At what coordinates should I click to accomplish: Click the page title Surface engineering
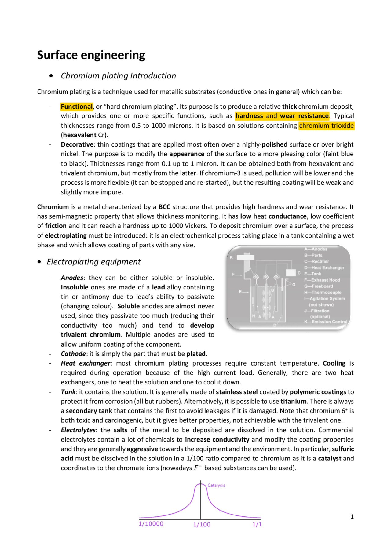(91, 55)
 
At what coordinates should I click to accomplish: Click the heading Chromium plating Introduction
(118, 76)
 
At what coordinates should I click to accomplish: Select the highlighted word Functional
(76, 107)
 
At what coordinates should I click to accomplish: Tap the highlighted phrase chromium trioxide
(326, 126)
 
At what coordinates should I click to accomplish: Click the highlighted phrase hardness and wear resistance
(282, 116)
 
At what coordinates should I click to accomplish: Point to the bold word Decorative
(77, 144)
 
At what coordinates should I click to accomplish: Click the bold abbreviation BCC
(164, 207)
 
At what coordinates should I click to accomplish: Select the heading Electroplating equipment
(93, 262)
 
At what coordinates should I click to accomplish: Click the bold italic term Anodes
(72, 278)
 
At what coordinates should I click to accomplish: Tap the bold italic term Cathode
(73, 354)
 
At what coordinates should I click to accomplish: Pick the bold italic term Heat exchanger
(85, 363)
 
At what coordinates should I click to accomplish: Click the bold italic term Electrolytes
(78, 430)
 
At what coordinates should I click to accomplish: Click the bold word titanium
(293, 401)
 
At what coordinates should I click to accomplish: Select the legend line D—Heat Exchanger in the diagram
(324, 268)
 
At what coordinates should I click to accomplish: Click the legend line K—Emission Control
(325, 322)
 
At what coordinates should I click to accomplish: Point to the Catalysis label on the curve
(216, 485)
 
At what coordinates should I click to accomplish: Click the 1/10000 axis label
(151, 524)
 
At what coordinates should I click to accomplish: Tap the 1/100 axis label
(202, 524)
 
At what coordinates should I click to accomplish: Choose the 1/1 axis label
(257, 524)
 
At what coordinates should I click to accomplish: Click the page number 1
(352, 517)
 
